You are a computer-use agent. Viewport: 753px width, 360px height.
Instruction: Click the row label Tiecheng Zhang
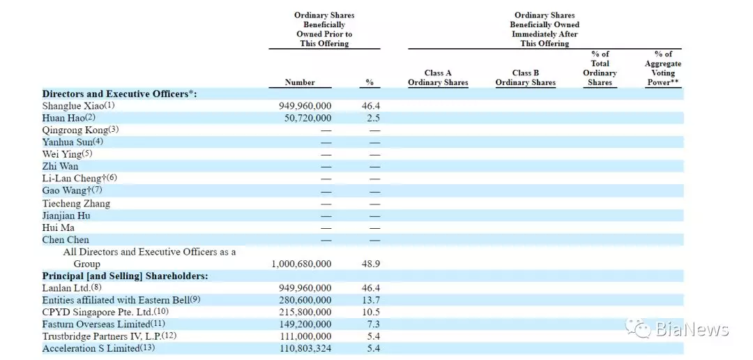(76, 203)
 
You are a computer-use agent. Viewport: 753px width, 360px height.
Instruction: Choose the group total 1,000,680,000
(302, 264)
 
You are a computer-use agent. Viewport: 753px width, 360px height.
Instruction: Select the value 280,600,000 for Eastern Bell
(305, 300)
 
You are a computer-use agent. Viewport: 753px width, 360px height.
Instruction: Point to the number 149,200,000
(305, 324)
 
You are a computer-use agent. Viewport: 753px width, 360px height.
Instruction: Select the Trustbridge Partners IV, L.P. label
(109, 336)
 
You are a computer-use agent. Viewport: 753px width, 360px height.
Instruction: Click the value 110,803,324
(305, 348)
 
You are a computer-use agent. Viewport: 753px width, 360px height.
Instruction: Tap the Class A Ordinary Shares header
(438, 78)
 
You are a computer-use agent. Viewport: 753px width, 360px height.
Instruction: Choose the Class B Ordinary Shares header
(526, 78)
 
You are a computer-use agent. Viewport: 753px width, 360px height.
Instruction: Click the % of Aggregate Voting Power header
(663, 68)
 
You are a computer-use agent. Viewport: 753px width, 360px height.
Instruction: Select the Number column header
(300, 82)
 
